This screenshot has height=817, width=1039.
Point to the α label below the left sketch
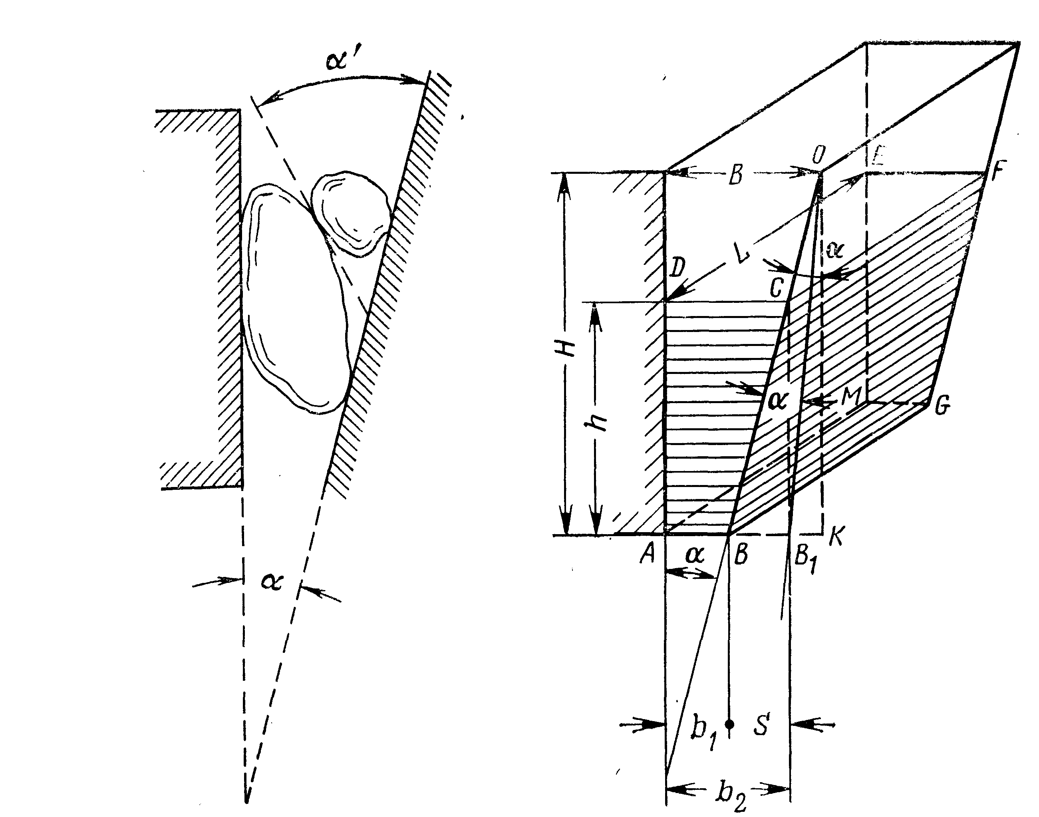click(x=272, y=582)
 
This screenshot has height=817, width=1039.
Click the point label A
click(x=648, y=555)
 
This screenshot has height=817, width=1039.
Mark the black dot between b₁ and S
click(x=729, y=725)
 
